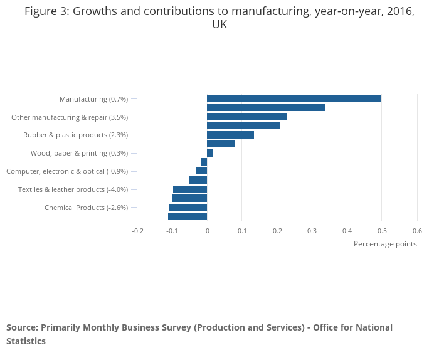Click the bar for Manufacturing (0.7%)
click(294, 98)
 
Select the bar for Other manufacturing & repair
click(246, 117)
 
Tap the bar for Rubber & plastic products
click(230, 135)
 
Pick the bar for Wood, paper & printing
click(209, 153)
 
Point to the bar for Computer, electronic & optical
click(201, 171)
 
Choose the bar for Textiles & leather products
click(190, 189)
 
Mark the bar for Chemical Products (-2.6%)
click(188, 208)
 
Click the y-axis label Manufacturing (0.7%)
click(93, 99)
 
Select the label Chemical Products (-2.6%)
click(86, 208)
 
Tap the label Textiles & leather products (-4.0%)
click(73, 189)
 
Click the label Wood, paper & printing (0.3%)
click(79, 153)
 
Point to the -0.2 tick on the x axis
click(137, 231)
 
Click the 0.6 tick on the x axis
click(417, 231)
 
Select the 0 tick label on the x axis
click(207, 231)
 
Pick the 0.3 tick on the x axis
click(312, 231)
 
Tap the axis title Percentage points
click(385, 244)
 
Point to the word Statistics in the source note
click(26, 341)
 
